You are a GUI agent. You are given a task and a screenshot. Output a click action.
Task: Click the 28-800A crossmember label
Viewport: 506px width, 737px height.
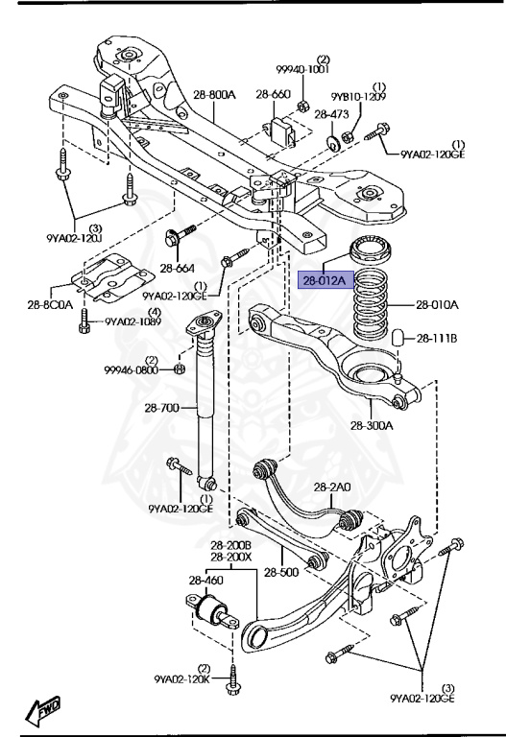(x=214, y=94)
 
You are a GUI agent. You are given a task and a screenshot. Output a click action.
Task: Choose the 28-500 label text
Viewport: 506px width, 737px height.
(x=282, y=573)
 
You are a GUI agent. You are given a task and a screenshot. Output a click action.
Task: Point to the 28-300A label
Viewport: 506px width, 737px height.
(x=371, y=425)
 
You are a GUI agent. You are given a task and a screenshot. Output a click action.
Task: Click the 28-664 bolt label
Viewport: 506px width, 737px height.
(x=178, y=268)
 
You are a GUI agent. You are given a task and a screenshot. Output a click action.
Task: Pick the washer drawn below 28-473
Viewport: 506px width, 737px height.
(x=332, y=142)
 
